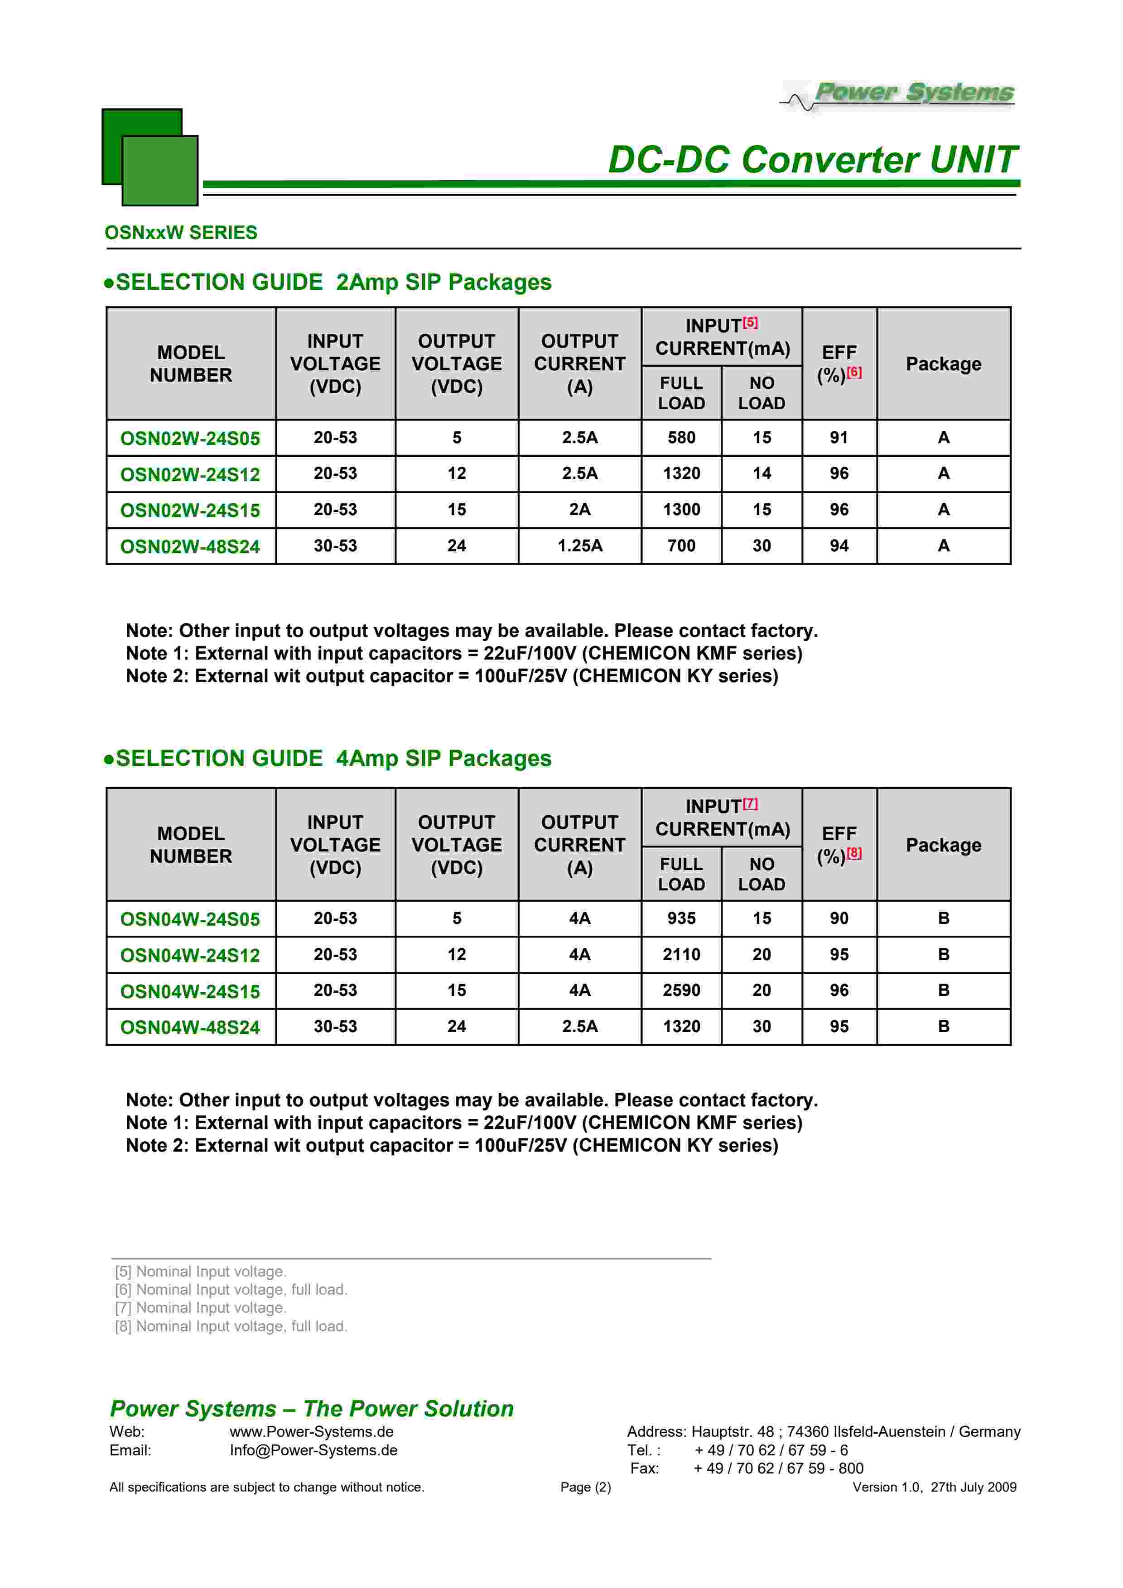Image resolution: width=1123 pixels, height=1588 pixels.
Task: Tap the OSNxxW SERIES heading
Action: [181, 232]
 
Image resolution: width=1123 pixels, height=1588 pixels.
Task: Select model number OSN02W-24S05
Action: [190, 439]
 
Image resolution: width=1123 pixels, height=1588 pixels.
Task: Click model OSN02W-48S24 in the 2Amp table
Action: [190, 546]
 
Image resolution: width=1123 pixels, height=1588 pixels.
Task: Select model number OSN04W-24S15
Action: [190, 992]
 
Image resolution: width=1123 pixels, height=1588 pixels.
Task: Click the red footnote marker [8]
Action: [854, 853]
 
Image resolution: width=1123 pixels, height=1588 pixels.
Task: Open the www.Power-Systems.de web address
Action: [311, 1432]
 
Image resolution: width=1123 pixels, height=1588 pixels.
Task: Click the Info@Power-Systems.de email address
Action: [313, 1450]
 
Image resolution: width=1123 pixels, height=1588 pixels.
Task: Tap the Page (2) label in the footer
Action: [585, 1487]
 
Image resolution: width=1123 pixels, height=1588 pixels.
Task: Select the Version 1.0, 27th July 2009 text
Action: [934, 1487]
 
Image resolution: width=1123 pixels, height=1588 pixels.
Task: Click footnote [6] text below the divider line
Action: [231, 1290]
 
